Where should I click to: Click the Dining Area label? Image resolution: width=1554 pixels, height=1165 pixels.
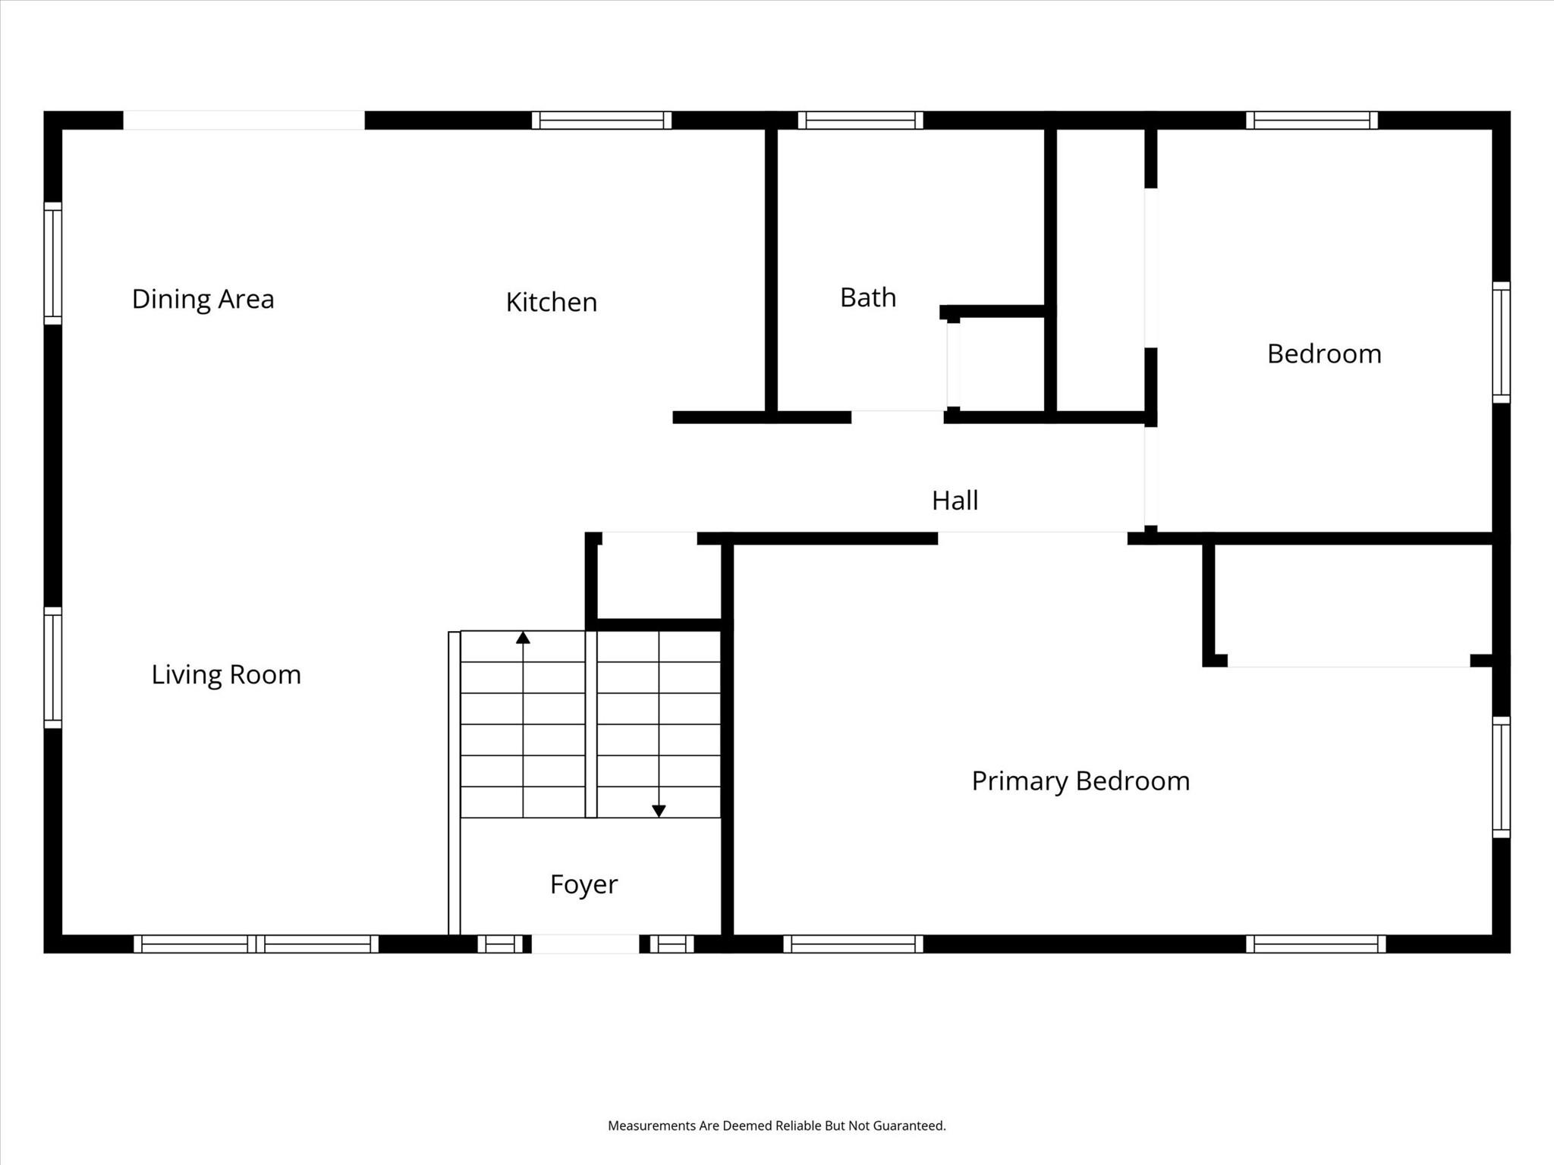coord(203,299)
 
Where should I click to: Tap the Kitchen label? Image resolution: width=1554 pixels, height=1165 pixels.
coord(552,302)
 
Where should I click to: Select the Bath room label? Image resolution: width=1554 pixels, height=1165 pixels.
coord(868,297)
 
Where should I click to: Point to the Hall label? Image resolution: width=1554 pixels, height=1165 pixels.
coord(955,501)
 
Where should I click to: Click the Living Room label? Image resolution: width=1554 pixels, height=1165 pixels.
coord(226,674)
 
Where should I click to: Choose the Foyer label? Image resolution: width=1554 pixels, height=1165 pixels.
coord(584,884)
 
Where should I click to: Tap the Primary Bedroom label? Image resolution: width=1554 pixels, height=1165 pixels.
coord(1081,781)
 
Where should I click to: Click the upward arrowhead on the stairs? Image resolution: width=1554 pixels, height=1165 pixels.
coord(523,638)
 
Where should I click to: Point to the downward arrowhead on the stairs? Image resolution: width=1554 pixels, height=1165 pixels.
coord(659,811)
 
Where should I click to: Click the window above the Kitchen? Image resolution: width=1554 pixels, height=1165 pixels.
coord(601,121)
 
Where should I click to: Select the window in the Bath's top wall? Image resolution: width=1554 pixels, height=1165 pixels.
coord(860,121)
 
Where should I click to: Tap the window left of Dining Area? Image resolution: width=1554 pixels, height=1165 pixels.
coord(52,263)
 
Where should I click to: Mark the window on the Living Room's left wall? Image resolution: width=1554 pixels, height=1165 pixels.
coord(52,667)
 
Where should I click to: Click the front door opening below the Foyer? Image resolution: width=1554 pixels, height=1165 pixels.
coord(585,944)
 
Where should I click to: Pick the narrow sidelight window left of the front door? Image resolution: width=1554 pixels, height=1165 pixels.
coord(500,944)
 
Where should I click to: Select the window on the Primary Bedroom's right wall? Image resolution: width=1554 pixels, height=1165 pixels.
coord(1501,777)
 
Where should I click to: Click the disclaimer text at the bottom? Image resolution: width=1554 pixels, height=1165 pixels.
coord(777,1126)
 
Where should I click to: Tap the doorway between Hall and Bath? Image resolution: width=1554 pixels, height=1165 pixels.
coord(898,416)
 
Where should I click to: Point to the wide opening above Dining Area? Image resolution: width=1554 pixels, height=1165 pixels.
coord(244,121)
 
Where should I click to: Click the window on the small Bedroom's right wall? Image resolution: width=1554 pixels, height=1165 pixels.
coord(1501,342)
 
